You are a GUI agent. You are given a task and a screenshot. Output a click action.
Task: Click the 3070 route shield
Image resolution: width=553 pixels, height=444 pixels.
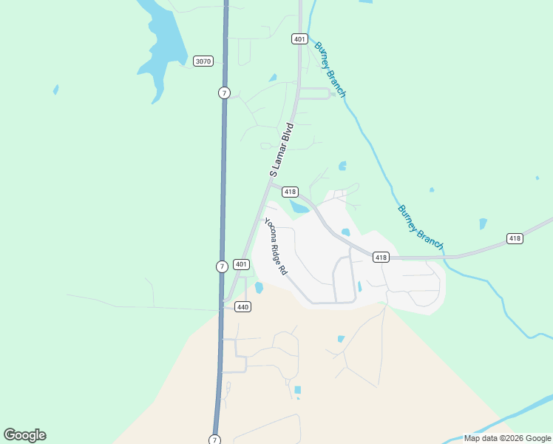coord(203,61)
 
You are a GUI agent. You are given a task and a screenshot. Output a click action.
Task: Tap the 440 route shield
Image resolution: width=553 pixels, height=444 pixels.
coord(242,306)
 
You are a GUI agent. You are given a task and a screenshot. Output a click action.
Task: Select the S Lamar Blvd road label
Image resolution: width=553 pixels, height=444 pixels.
coord(282,150)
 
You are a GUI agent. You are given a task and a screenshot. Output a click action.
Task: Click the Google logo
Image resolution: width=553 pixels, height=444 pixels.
coord(24,435)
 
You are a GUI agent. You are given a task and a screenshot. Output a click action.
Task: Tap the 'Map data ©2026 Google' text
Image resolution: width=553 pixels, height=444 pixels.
coord(507,438)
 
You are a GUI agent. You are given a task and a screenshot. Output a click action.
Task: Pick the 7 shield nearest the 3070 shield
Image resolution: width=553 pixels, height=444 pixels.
coord(224,92)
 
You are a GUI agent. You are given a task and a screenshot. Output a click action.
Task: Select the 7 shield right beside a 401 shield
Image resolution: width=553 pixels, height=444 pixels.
coord(222,266)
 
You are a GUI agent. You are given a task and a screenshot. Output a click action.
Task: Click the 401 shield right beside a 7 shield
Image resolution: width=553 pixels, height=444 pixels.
coord(241,264)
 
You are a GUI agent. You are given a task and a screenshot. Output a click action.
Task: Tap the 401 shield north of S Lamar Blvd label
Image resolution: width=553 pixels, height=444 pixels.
coord(299,38)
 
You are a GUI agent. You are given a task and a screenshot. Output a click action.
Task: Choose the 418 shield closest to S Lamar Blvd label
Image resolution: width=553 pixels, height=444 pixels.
coord(290,192)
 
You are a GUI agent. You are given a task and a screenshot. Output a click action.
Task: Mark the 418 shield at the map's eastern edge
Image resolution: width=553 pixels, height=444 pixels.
coord(515,238)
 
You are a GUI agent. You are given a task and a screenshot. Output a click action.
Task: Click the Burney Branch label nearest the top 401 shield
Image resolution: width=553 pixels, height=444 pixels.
coord(330,69)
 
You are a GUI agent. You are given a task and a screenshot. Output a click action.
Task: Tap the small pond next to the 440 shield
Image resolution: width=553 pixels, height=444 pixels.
coord(259,287)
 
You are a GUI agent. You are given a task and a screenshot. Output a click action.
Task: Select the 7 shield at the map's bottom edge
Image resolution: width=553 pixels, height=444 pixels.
coord(214,439)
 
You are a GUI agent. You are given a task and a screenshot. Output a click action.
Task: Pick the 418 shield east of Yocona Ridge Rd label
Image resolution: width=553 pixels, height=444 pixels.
coord(380,258)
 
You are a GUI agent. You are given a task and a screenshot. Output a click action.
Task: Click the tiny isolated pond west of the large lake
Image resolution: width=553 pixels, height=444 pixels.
coord(55,90)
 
